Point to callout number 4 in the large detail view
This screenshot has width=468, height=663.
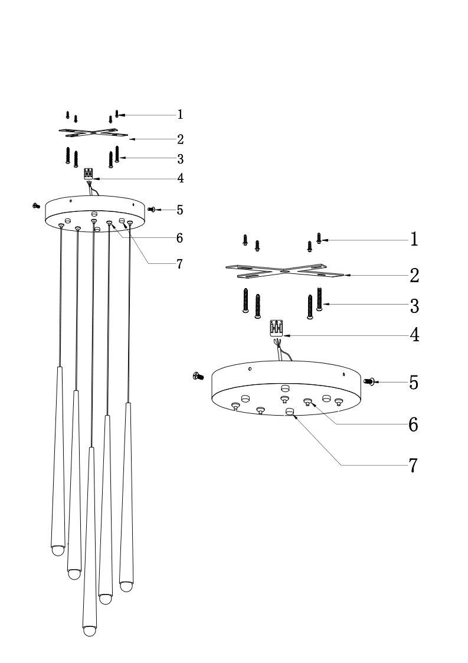(414, 335)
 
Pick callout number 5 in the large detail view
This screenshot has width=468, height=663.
(414, 383)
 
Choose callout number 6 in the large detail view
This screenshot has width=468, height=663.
(413, 424)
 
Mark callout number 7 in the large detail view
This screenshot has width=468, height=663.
(413, 465)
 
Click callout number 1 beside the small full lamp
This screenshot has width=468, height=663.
(180, 115)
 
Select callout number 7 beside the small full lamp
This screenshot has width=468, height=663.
(179, 264)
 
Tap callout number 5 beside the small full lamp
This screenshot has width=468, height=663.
(179, 210)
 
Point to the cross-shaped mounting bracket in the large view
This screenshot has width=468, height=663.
(284, 271)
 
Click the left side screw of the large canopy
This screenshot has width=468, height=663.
(198, 376)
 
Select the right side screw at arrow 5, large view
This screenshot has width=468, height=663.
(371, 382)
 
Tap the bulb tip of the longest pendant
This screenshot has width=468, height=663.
(89, 631)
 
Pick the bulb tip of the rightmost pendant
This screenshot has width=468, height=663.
(126, 586)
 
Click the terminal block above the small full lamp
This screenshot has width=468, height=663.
(89, 174)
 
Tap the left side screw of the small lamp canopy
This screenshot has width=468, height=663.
(36, 205)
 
